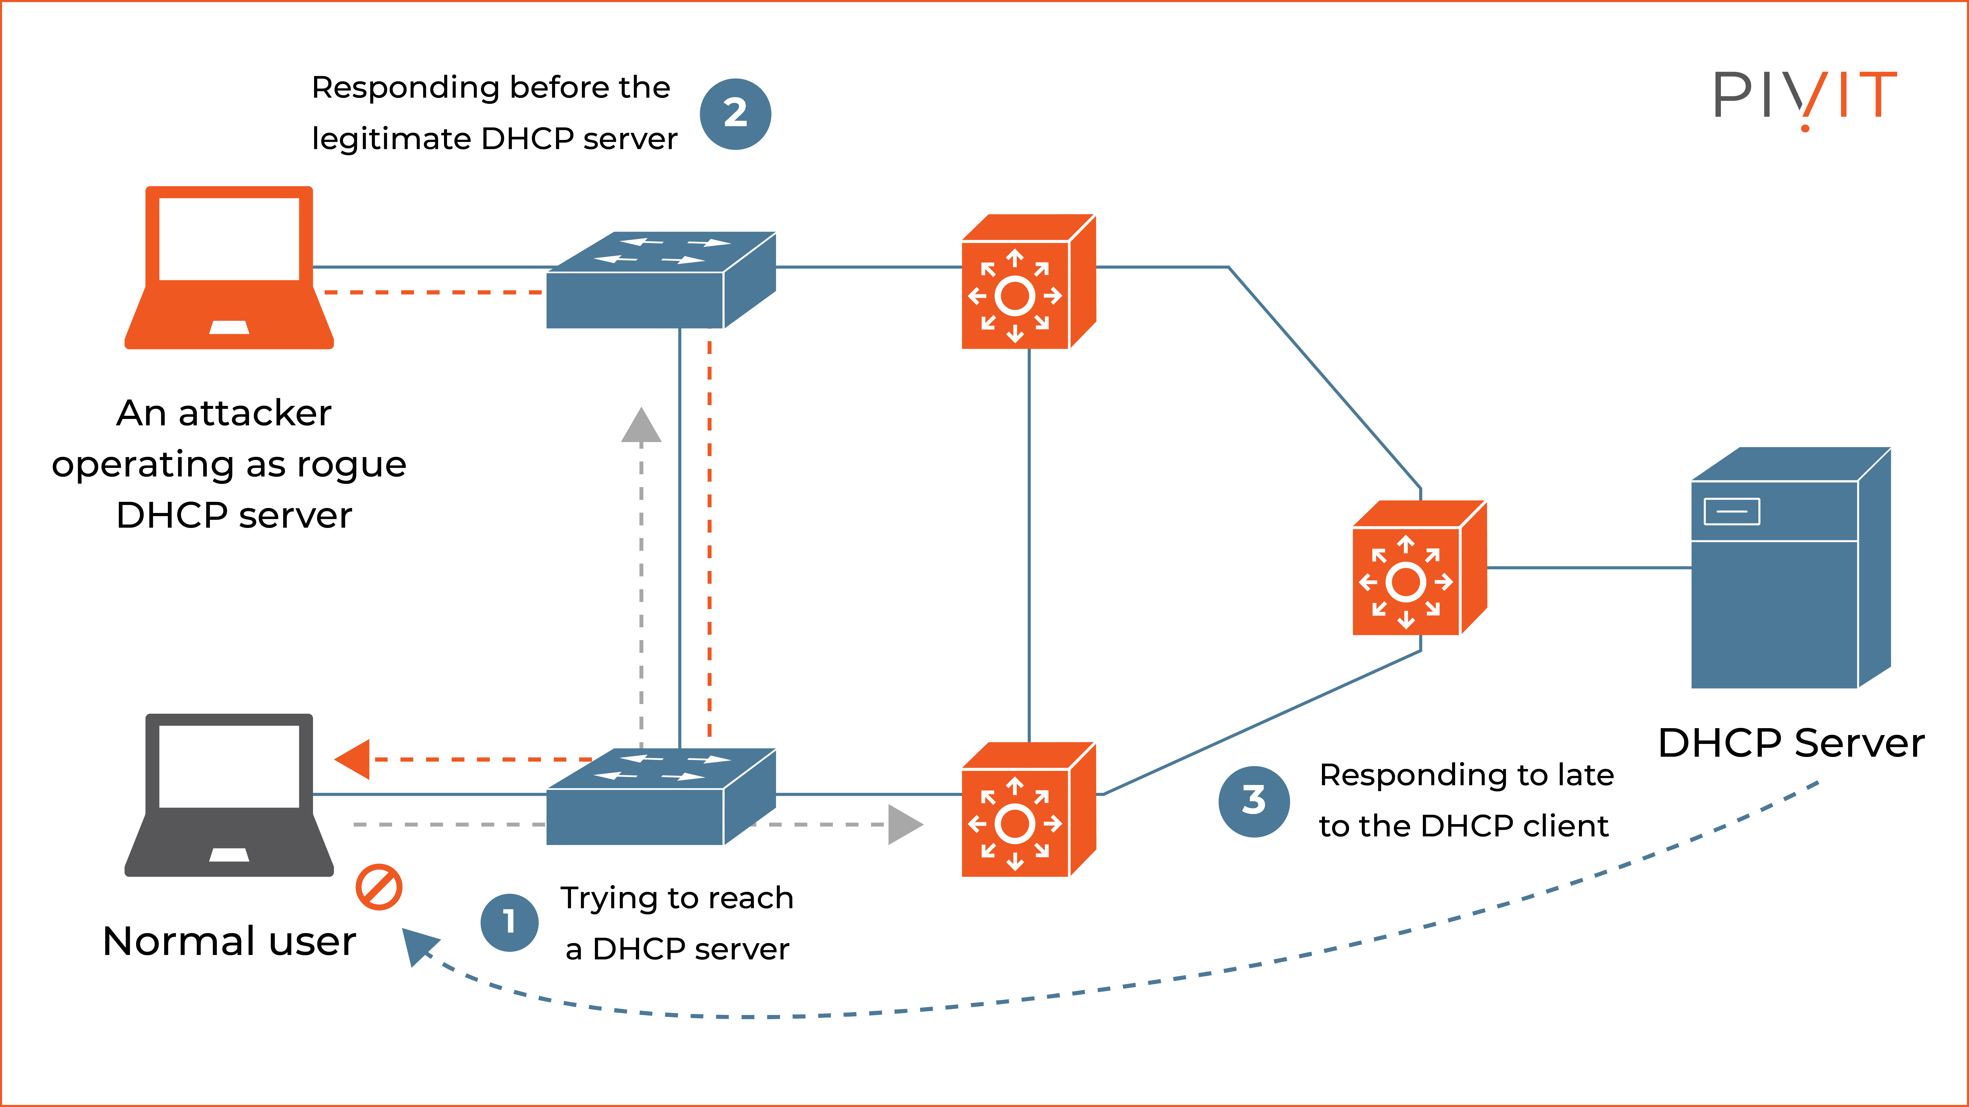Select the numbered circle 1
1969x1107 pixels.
click(x=509, y=922)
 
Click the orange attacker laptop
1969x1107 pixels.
click(x=229, y=267)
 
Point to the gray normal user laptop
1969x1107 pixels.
click(x=229, y=795)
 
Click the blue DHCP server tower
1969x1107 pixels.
click(x=1789, y=569)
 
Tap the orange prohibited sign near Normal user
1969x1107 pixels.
click(x=378, y=887)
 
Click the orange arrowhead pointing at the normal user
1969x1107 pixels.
click(x=353, y=759)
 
